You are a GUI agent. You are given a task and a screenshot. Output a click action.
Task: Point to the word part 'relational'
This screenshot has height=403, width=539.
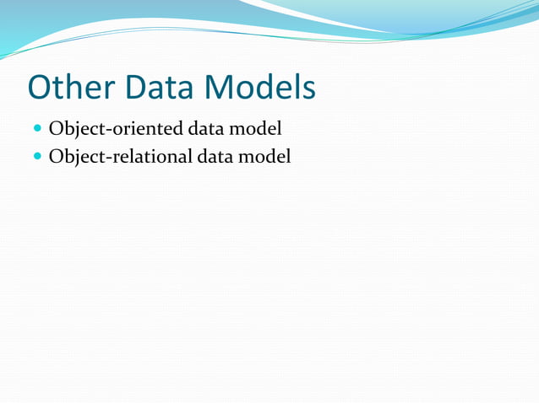tap(149, 156)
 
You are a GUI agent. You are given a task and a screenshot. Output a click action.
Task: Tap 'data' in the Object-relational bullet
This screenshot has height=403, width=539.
tap(216, 156)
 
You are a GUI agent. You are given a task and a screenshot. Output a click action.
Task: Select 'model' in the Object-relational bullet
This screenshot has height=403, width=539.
tap(266, 156)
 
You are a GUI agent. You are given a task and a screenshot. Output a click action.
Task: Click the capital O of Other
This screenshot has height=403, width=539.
tap(41, 88)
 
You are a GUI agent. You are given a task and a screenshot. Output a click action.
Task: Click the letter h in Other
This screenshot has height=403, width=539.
tap(75, 88)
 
